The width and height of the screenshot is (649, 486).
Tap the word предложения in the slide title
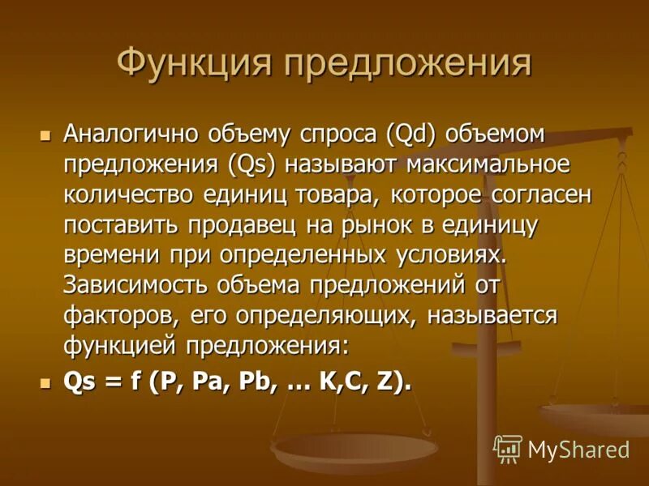[x=406, y=64]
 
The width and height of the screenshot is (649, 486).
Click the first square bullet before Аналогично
[x=45, y=133]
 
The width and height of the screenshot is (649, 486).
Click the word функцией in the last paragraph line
[x=121, y=346]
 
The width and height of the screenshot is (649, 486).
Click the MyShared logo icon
[x=507, y=448]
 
